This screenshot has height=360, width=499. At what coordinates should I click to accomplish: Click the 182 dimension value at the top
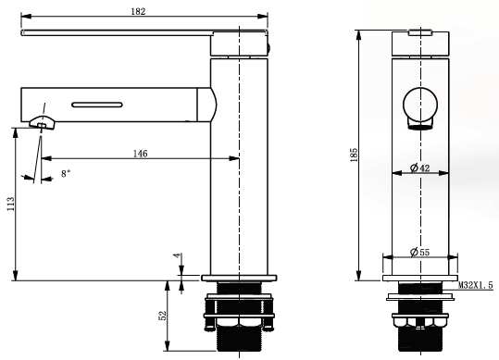coord(138,11)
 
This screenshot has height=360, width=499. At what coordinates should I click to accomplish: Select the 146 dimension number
coord(141,154)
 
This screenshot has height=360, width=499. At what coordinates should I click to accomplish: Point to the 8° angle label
coord(66,174)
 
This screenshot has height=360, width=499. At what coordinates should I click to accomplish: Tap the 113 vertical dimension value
coord(10,204)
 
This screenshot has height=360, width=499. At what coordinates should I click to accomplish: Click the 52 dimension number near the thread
coord(163,316)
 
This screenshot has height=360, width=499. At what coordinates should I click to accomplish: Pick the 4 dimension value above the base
coord(178,256)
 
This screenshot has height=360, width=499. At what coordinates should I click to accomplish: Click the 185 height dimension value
coord(354,155)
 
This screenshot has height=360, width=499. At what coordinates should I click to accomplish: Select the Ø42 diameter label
coord(420,168)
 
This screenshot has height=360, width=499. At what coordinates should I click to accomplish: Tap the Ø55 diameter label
coord(419,253)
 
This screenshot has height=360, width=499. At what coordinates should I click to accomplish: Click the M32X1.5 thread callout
coord(476,285)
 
